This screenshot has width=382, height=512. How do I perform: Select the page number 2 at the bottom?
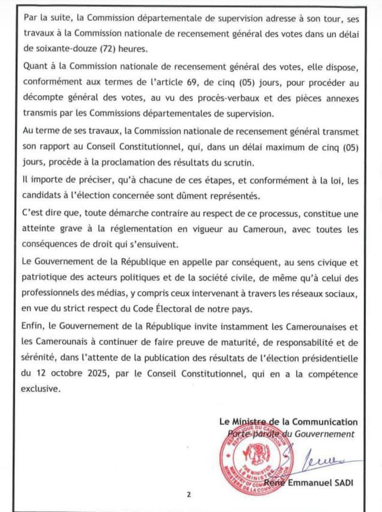point(188,495)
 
